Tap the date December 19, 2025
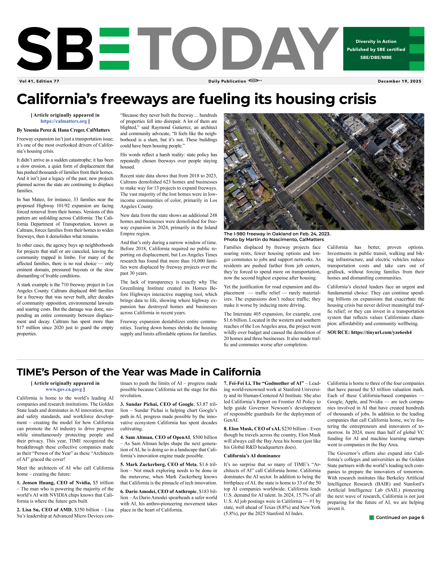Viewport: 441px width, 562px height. pyautogui.click(x=399, y=81)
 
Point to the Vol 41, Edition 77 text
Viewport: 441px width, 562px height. pyautogui.click(x=39, y=81)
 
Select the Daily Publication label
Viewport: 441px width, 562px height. pyautogui.click(x=227, y=81)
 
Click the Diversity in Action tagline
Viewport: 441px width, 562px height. pyautogui.click(x=376, y=41)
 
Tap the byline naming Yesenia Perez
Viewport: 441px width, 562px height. pyautogui.click(x=63, y=130)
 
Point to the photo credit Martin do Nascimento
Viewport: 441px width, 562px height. pyautogui.click(x=274, y=240)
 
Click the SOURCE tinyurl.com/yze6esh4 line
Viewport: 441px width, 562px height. pyautogui.click(x=369, y=332)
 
